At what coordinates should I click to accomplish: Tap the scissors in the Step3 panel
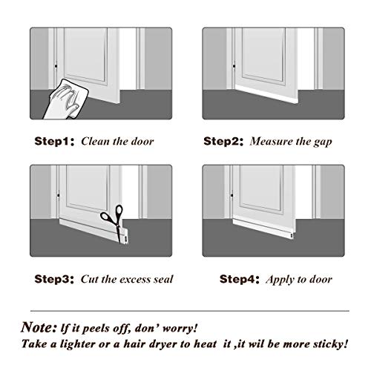click(114, 214)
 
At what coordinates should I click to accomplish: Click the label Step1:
click(53, 140)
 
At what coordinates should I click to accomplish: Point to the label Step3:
click(53, 280)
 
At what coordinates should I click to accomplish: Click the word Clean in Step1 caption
click(96, 140)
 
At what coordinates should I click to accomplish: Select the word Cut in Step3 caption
click(91, 280)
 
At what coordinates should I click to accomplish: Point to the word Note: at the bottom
click(40, 326)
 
